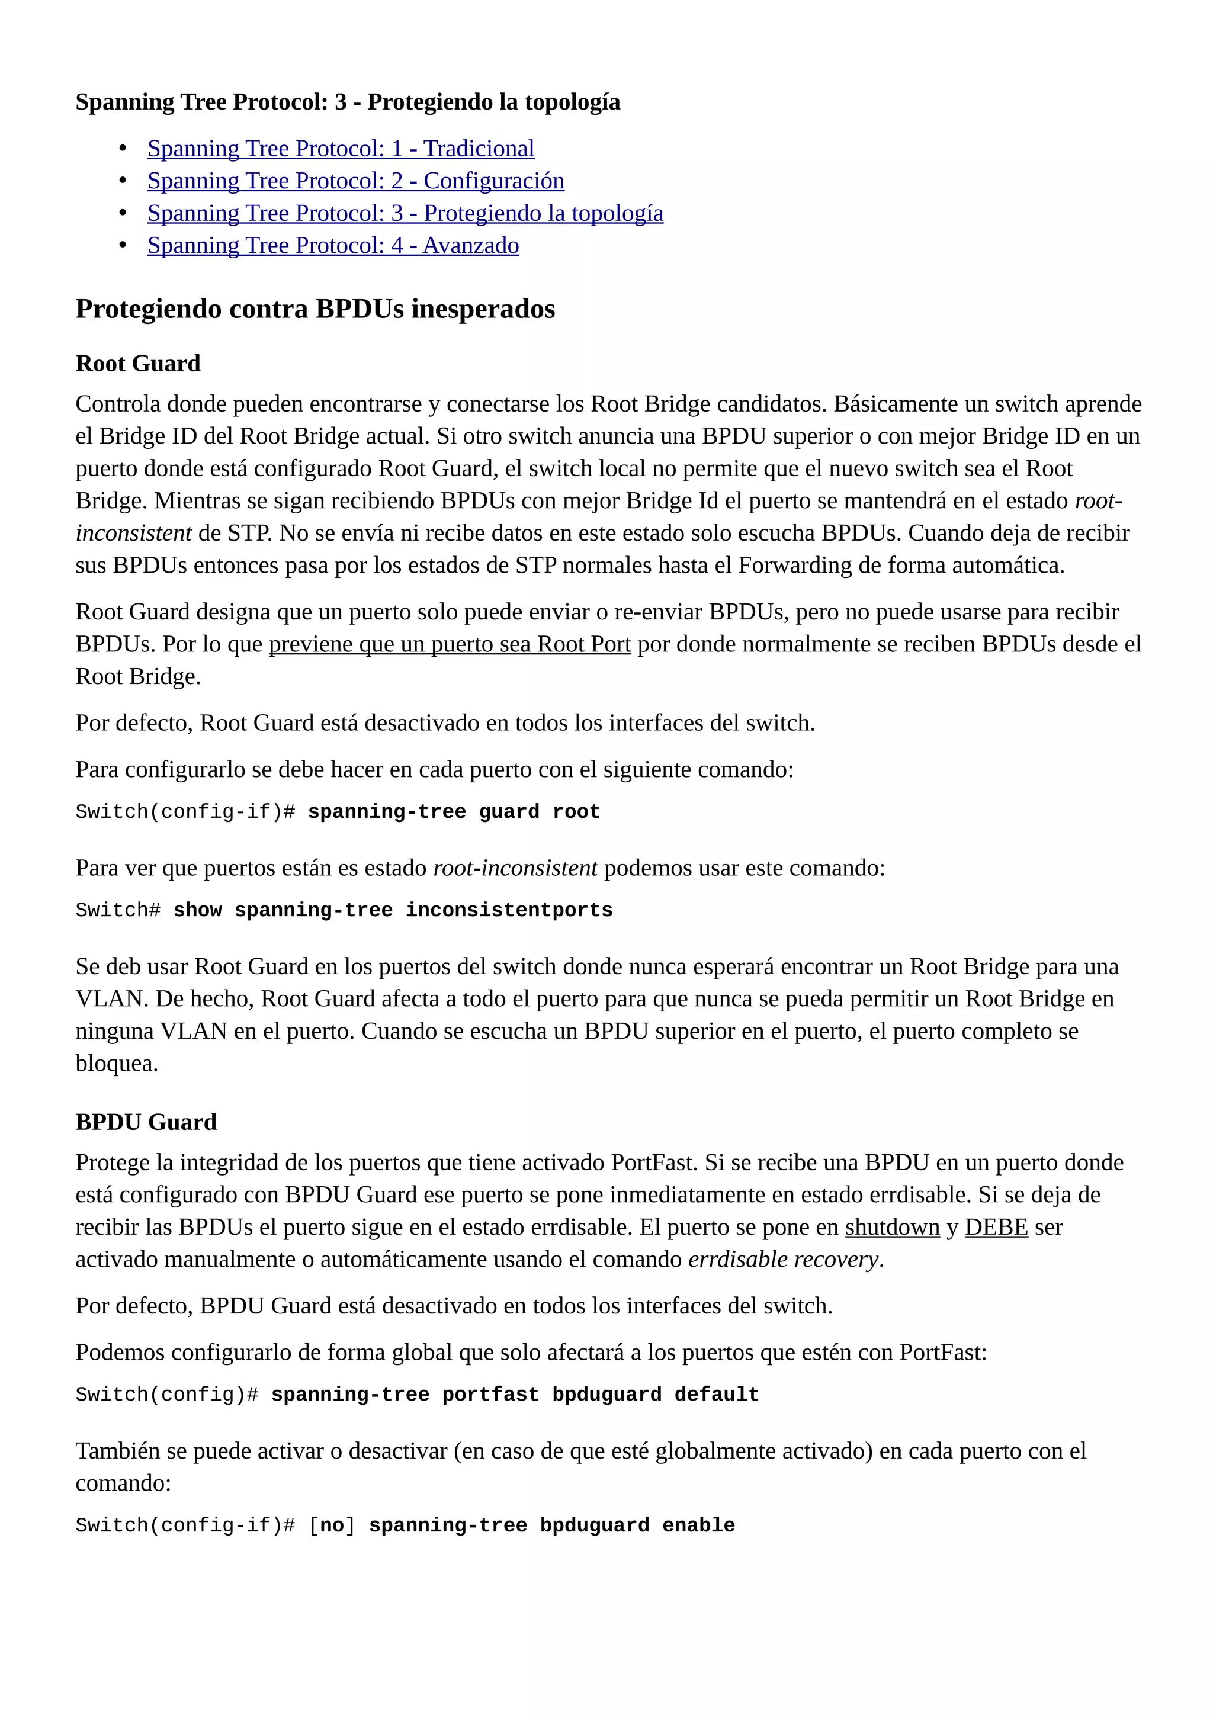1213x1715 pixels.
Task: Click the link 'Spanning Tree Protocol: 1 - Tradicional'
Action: click(x=341, y=149)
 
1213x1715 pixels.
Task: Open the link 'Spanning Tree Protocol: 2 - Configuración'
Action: click(x=355, y=181)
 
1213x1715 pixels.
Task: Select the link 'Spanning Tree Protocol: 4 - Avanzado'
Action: click(x=333, y=245)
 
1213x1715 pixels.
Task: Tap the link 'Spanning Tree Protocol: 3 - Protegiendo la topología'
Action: click(x=405, y=213)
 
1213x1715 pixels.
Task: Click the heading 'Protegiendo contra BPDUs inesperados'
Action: click(x=315, y=309)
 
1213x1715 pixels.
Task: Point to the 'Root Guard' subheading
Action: click(x=137, y=363)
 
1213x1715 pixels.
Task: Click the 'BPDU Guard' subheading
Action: click(x=146, y=1122)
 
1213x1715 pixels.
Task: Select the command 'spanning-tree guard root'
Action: click(x=453, y=812)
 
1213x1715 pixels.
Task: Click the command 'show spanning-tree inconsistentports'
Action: click(x=393, y=911)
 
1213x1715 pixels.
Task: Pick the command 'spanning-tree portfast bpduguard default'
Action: click(x=515, y=1395)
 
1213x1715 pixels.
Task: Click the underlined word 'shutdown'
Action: click(x=892, y=1227)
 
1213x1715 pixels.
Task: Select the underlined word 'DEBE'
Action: click(x=996, y=1227)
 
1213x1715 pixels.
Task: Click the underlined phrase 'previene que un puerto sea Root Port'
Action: click(x=450, y=644)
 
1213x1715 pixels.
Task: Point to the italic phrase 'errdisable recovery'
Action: click(x=783, y=1260)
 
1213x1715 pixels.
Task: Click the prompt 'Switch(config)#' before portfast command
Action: click(x=166, y=1395)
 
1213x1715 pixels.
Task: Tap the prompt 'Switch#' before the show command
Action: click(x=118, y=911)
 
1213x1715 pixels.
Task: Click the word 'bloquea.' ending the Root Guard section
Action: click(x=117, y=1063)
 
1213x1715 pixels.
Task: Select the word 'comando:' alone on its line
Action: click(x=123, y=1483)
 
